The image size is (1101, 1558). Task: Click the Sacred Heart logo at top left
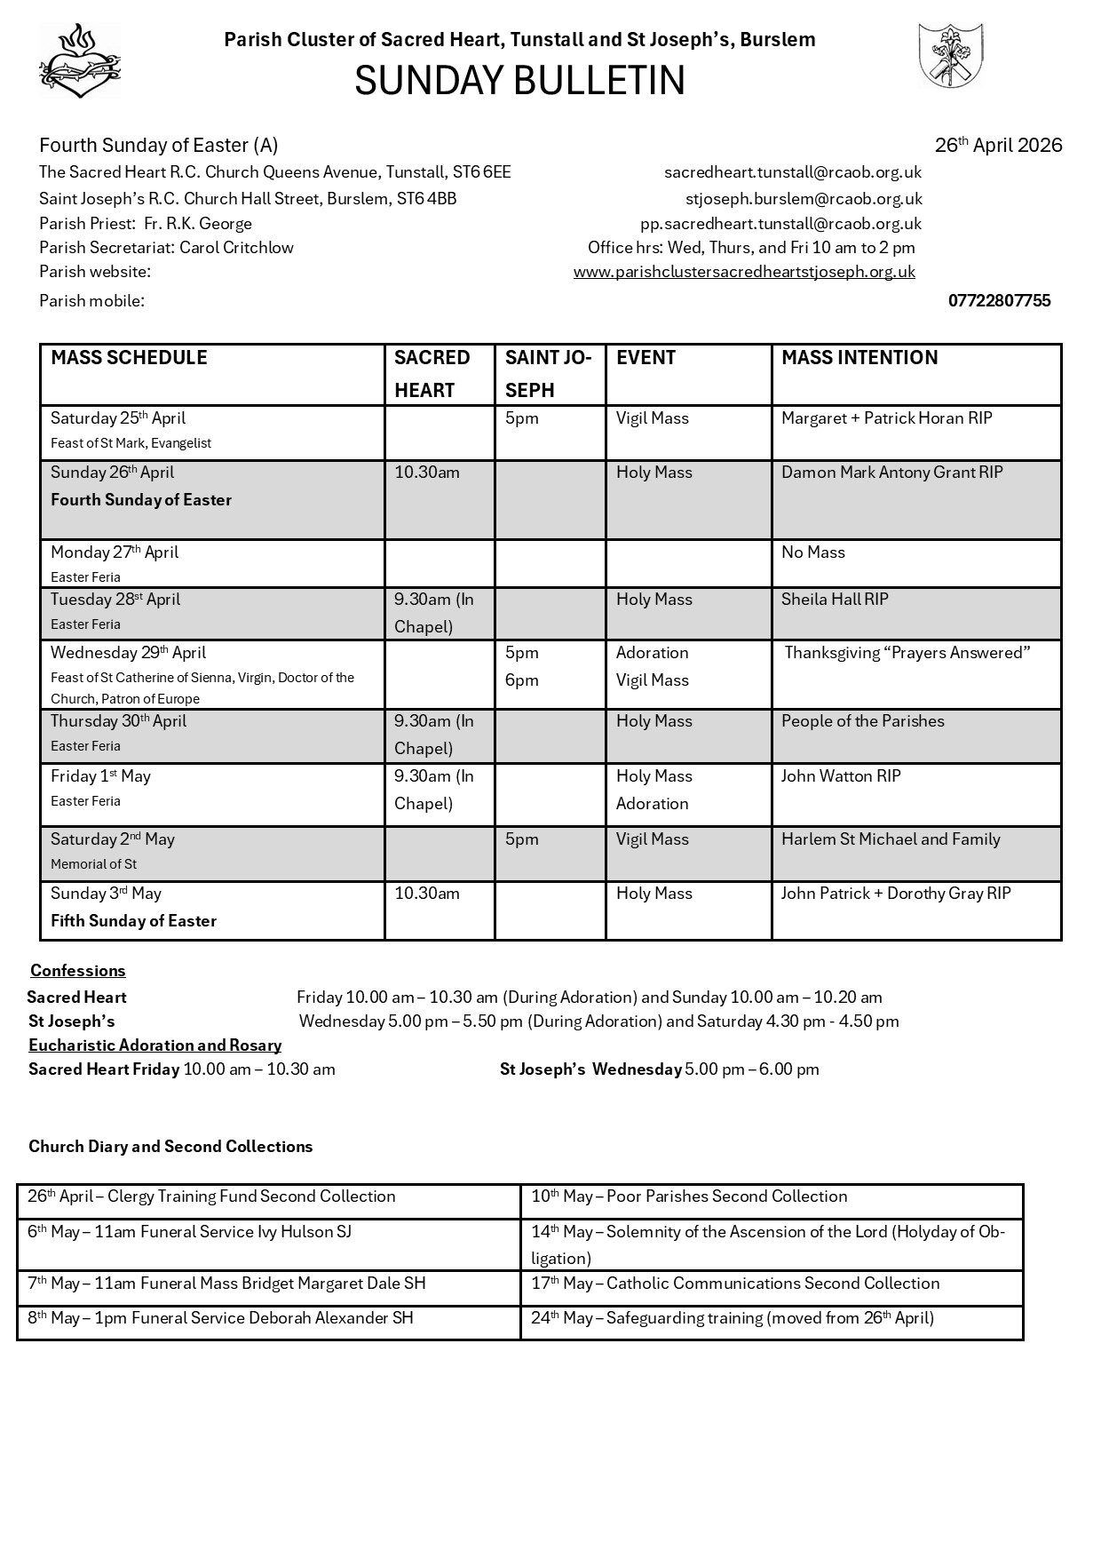[79, 60]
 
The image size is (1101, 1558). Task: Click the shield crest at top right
[949, 55]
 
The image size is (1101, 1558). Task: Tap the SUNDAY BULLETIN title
[519, 81]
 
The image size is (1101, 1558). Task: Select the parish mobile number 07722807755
[999, 300]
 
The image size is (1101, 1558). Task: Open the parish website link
[744, 272]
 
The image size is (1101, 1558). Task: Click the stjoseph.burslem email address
[803, 198]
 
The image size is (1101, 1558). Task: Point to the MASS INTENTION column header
[859, 357]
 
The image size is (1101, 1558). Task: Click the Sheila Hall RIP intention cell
[835, 600]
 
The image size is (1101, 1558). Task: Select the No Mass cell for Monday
[812, 552]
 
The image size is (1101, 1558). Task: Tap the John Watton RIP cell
[840, 776]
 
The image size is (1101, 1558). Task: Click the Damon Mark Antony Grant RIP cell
[891, 473]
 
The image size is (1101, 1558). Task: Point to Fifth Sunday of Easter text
[133, 921]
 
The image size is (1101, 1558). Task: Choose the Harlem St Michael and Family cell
[890, 839]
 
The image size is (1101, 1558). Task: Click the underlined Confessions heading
[78, 971]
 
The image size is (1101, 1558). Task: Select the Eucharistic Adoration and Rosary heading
[154, 1045]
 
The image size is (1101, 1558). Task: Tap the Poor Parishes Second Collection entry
[689, 1196]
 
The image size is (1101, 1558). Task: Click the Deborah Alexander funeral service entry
[220, 1318]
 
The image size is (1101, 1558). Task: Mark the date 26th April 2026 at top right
[998, 146]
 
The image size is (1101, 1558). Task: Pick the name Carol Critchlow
[236, 248]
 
